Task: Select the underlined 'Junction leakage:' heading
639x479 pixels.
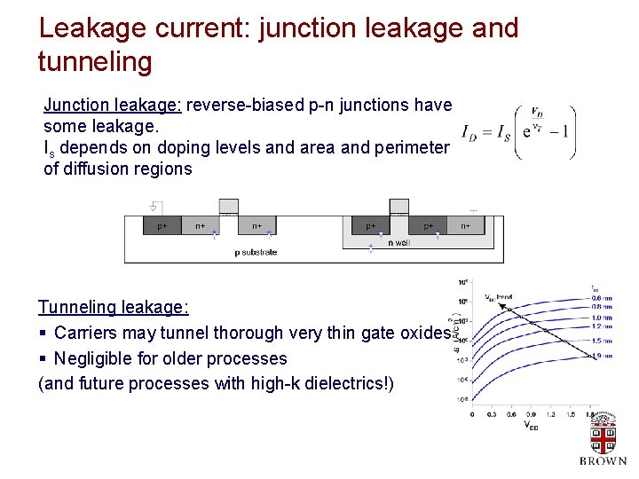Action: point(113,106)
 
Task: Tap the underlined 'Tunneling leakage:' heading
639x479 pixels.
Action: point(113,307)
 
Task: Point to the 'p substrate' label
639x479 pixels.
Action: point(256,252)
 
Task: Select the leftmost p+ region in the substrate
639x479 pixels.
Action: point(162,226)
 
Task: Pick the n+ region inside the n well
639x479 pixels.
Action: point(466,226)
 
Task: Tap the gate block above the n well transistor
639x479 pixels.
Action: point(399,207)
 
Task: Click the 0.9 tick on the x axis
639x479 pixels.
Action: point(531,413)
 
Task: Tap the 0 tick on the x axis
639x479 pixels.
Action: point(471,413)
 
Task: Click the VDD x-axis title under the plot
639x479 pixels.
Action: point(530,426)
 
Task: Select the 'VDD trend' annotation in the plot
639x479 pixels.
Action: point(498,296)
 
